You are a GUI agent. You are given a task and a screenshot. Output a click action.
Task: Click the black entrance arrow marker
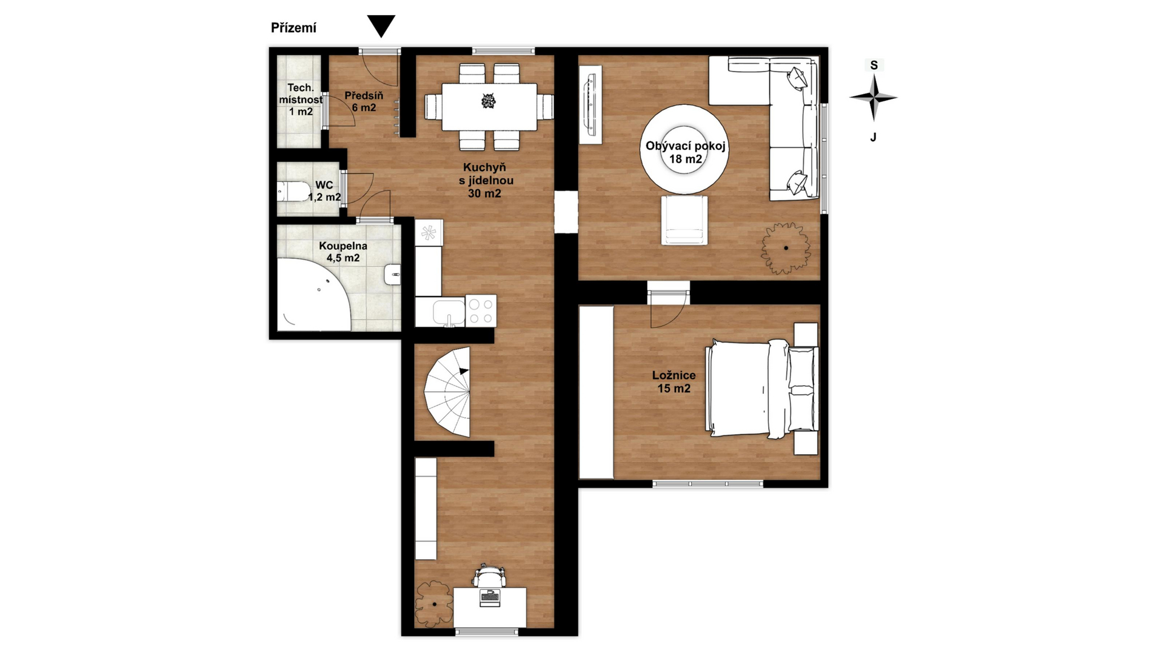pyautogui.click(x=381, y=25)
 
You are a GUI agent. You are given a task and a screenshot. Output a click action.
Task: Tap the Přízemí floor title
pyautogui.click(x=293, y=28)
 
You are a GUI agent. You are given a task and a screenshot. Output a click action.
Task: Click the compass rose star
pyautogui.click(x=874, y=97)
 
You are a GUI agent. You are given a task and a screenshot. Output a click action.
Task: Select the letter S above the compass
pyautogui.click(x=874, y=65)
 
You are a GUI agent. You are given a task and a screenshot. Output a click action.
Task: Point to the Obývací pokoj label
pyautogui.click(x=686, y=152)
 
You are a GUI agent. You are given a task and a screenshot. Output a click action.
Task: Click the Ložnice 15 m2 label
pyautogui.click(x=674, y=382)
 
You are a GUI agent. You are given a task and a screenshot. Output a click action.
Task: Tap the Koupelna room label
pyautogui.click(x=343, y=252)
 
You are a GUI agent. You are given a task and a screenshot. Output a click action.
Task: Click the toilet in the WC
pyautogui.click(x=293, y=191)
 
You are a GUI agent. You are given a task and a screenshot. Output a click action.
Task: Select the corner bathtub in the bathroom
pyautogui.click(x=313, y=295)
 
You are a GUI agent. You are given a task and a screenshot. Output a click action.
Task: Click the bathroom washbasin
pyautogui.click(x=392, y=274)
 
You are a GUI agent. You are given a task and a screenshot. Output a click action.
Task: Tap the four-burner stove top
pyautogui.click(x=481, y=311)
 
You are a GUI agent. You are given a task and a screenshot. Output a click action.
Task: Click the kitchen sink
pyautogui.click(x=449, y=312)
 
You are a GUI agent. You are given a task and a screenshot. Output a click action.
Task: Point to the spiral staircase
pyautogui.click(x=447, y=392)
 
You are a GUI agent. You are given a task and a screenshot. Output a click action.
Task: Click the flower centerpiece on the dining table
pyautogui.click(x=489, y=101)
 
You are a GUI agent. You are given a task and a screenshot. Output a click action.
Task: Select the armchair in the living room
pyautogui.click(x=684, y=220)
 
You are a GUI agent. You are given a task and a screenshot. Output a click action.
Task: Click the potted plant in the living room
pyautogui.click(x=786, y=248)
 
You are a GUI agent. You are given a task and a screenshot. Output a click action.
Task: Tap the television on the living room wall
pyautogui.click(x=590, y=105)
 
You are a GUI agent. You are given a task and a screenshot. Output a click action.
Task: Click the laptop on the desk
pyautogui.click(x=489, y=597)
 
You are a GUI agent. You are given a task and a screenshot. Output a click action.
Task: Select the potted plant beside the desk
pyautogui.click(x=435, y=604)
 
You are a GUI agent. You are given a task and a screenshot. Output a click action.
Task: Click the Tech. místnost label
pyautogui.click(x=301, y=99)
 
